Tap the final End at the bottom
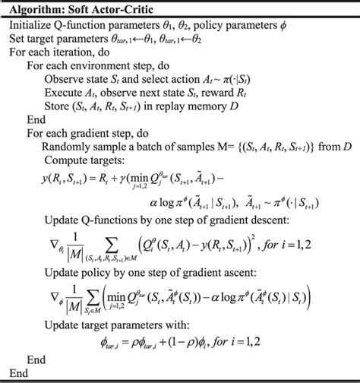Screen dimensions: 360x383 tap(17, 374)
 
